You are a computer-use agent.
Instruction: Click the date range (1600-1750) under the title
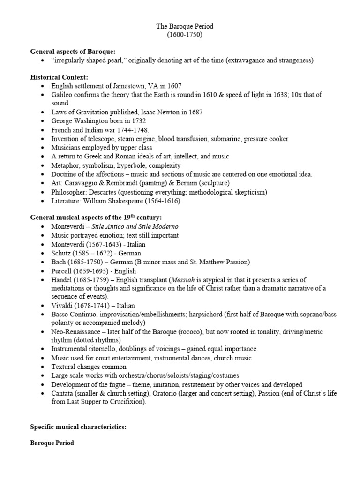(x=180, y=35)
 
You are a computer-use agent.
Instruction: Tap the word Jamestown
(x=124, y=86)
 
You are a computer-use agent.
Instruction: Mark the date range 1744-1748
(x=133, y=130)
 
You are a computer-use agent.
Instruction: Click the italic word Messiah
(x=180, y=280)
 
